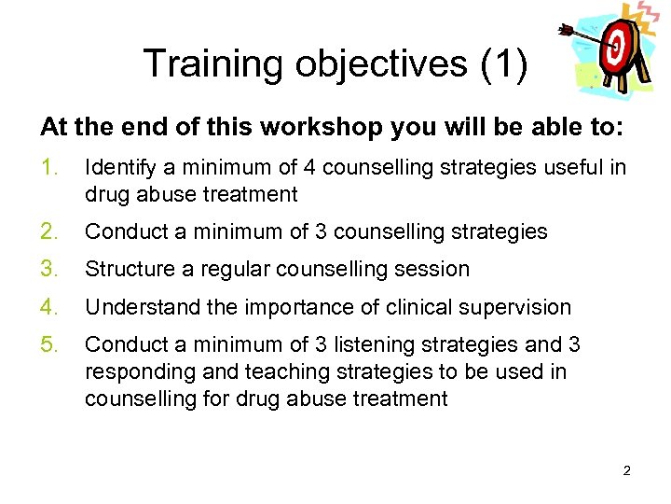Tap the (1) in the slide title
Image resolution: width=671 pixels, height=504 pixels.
pyautogui.click(x=503, y=63)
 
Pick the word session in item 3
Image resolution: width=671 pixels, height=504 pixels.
pyautogui.click(x=432, y=270)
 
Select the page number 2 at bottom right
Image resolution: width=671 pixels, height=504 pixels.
pyautogui.click(x=626, y=470)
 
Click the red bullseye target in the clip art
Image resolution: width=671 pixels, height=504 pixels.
pyautogui.click(x=618, y=48)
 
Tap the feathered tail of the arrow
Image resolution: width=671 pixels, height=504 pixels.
pyautogui.click(x=566, y=31)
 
